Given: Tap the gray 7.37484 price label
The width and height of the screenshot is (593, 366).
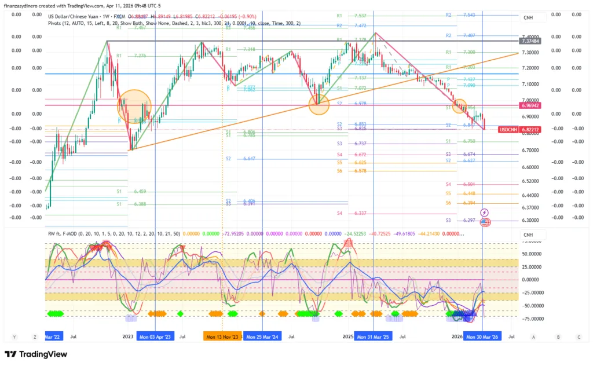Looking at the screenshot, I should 530,41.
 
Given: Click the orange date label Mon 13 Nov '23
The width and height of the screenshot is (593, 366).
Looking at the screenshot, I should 222,336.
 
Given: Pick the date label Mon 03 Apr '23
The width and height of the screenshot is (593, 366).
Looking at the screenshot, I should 155,336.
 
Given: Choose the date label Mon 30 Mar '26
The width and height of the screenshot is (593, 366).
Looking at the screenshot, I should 482,336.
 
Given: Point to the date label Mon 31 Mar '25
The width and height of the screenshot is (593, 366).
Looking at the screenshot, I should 373,336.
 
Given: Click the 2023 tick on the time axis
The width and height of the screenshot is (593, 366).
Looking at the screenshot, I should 128,336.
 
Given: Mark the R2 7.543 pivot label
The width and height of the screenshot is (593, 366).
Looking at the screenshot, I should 460,15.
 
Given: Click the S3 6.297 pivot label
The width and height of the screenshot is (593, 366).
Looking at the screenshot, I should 461,221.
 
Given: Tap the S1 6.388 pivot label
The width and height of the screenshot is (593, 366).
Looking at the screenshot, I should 131,204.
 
